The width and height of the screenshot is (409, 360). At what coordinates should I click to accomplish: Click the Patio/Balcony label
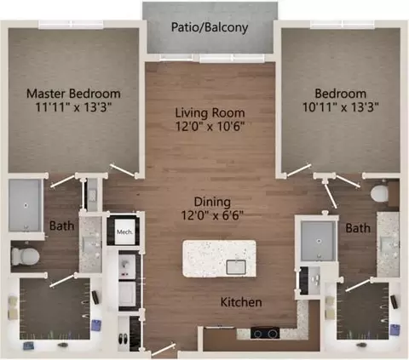(210, 27)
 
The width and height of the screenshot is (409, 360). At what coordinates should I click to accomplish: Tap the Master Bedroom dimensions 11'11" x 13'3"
(73, 107)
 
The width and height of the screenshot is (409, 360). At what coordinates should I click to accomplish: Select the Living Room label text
(210, 113)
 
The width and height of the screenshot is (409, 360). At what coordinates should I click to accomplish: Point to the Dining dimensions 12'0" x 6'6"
(212, 215)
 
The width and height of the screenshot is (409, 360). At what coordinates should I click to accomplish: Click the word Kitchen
(241, 302)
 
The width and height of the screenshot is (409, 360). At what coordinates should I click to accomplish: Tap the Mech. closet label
(125, 231)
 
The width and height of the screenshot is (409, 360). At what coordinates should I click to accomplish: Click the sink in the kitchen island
(236, 267)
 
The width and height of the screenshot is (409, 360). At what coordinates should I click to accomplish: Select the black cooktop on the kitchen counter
(265, 333)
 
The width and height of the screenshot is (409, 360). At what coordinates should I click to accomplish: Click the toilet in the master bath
(25, 256)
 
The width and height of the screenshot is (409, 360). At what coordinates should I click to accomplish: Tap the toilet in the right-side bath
(379, 194)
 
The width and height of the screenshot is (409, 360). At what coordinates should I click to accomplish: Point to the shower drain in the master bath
(26, 205)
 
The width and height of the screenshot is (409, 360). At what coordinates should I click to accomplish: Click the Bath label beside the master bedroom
(62, 226)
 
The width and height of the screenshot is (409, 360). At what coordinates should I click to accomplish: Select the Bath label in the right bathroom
(358, 228)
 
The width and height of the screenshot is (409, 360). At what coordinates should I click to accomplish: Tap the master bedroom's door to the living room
(123, 170)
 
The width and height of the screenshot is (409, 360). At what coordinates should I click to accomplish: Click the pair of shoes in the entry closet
(124, 339)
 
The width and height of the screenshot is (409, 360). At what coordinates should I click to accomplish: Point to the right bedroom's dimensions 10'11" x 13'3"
(341, 107)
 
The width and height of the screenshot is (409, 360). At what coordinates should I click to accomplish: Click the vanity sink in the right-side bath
(386, 243)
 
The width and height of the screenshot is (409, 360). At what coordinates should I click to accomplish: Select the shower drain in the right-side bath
(319, 241)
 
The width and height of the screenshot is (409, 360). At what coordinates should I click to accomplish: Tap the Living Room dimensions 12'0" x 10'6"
(210, 126)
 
